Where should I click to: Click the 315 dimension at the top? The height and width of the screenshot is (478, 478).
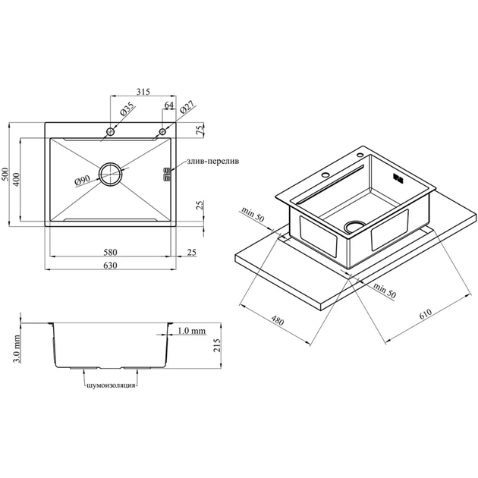[143, 92]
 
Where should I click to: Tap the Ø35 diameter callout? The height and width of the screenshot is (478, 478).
[127, 109]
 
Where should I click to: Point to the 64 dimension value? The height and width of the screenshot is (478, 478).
[169, 105]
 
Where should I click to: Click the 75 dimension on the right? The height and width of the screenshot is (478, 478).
[200, 131]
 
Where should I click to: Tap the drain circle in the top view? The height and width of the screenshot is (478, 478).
[110, 174]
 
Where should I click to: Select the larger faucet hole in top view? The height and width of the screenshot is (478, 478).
[110, 132]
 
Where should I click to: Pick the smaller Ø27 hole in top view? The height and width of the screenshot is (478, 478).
[162, 132]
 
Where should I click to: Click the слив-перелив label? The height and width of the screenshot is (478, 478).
[212, 161]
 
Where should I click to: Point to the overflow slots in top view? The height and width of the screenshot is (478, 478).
[167, 174]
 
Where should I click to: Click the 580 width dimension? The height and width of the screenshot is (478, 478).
[110, 252]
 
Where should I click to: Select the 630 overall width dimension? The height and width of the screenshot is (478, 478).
[110, 266]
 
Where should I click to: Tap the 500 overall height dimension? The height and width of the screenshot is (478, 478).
[5, 174]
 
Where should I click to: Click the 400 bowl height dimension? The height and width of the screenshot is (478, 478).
[16, 180]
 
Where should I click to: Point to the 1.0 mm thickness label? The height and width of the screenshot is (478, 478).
[191, 331]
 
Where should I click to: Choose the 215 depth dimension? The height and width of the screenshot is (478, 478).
[217, 345]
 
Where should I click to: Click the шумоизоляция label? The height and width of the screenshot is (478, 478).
[111, 385]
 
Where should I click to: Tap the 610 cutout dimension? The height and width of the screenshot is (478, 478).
[425, 313]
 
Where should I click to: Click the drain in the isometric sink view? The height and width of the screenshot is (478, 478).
[354, 226]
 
